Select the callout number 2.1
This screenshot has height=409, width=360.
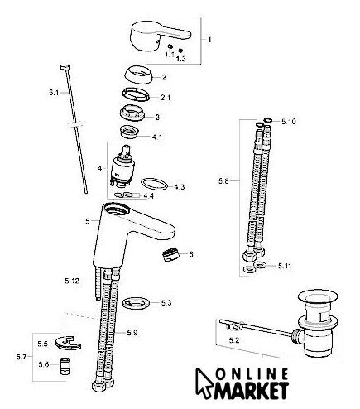click(x=166, y=98)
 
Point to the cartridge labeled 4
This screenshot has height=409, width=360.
click(x=122, y=166)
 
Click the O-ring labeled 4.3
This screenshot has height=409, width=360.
click(x=154, y=184)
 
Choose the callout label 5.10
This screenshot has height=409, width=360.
click(x=288, y=122)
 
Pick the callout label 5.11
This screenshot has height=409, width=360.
click(x=285, y=266)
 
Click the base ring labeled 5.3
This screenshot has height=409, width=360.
click(x=137, y=303)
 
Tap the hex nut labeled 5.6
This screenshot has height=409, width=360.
click(x=65, y=367)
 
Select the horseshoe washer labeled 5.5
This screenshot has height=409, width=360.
click(x=68, y=344)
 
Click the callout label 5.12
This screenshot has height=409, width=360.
click(x=72, y=281)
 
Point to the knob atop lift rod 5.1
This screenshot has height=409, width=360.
click(x=65, y=67)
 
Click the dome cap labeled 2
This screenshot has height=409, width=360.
click(x=138, y=75)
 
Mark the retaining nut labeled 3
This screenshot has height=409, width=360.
click(x=133, y=113)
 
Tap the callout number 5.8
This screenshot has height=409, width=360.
click(x=223, y=181)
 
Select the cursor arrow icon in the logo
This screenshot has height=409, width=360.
click(x=204, y=383)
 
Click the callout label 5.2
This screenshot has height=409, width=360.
click(x=234, y=340)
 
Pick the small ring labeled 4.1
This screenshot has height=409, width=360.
click(x=130, y=131)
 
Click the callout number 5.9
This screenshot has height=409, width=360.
click(x=132, y=333)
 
